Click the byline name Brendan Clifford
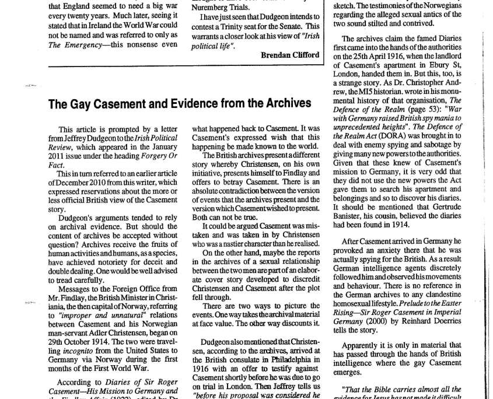289,55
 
